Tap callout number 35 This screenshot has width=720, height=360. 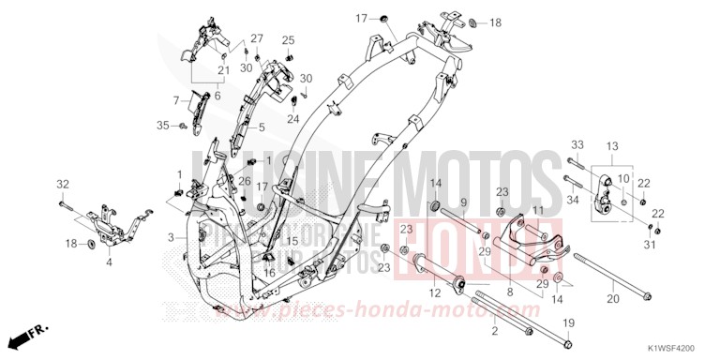pyautogui.click(x=161, y=125)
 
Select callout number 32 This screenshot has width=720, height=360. pyautogui.click(x=62, y=183)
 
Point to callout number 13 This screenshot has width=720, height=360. pyautogui.click(x=612, y=146)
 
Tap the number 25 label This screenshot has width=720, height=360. pyautogui.click(x=289, y=40)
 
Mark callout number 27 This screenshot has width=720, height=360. pyautogui.click(x=256, y=39)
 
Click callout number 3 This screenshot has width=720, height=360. pyautogui.click(x=172, y=238)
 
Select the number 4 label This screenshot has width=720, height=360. pyautogui.click(x=109, y=262)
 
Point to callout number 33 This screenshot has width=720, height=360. pyautogui.click(x=577, y=144)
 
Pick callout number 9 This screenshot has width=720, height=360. pyautogui.click(x=463, y=203)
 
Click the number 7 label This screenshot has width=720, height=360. pyautogui.click(x=175, y=99)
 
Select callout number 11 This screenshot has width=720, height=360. pyautogui.click(x=538, y=210)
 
